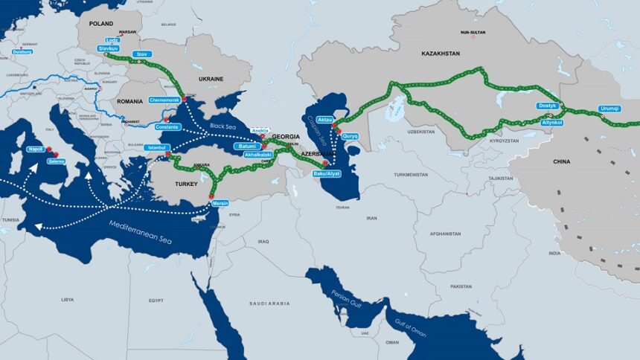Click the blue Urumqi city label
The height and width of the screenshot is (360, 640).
609,109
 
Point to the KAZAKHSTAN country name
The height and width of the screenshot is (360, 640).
441,54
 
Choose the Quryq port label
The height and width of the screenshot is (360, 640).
350,135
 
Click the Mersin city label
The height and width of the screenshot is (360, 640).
220,203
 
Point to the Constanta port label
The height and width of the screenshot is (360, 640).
167,127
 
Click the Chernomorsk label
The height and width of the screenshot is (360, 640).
164,99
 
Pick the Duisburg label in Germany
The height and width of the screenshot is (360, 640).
22,52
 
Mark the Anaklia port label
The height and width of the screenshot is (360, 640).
260,130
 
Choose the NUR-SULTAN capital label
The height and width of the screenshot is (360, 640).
472,33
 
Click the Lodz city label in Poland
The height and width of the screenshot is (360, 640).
113,40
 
